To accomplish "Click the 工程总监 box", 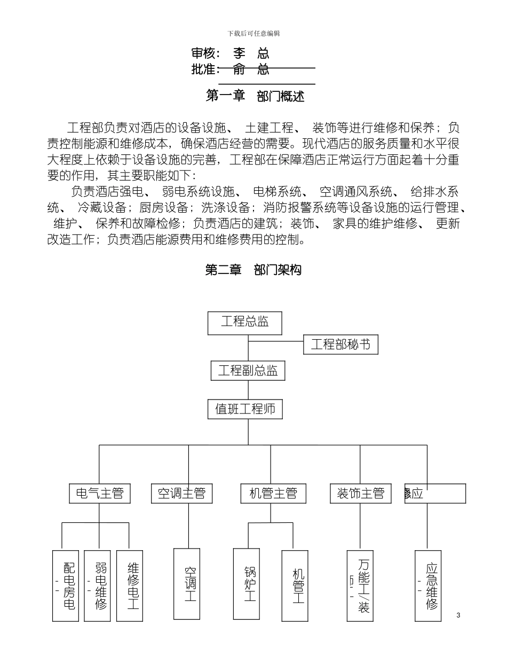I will [x=244, y=323].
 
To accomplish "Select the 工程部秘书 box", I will [x=340, y=345].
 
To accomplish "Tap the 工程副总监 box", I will [x=248, y=371].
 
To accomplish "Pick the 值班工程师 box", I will [x=245, y=410].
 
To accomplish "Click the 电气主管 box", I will [x=100, y=493].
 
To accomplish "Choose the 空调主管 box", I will [x=181, y=493].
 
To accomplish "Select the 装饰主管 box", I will [x=360, y=493].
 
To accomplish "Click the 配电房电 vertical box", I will [x=66, y=585].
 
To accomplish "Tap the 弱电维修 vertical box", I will [x=98, y=585].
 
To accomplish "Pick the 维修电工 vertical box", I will [x=130, y=585].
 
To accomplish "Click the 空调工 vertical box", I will [x=187, y=584].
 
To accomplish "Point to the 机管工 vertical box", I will [x=295, y=585].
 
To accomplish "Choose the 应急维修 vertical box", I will [x=428, y=585].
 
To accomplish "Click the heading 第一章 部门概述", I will [x=255, y=96].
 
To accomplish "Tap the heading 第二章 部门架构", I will [x=253, y=270].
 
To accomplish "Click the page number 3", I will [x=458, y=615].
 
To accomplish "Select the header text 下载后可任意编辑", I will [x=253, y=33].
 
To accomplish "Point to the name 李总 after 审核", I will [x=251, y=53].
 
